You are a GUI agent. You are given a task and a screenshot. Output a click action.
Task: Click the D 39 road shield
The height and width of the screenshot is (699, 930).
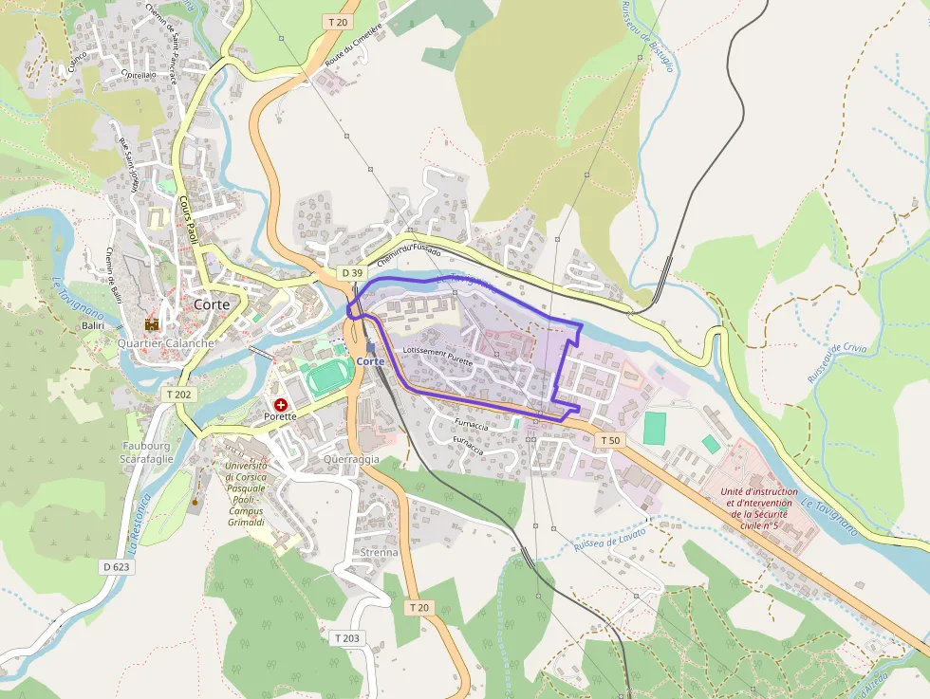pos(352,273)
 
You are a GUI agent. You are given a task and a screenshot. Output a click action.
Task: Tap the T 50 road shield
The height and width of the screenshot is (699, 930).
pos(611,440)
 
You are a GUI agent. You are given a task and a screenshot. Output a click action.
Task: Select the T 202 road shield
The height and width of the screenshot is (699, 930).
pos(178,394)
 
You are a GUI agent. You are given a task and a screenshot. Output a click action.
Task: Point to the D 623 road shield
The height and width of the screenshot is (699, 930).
pos(115,566)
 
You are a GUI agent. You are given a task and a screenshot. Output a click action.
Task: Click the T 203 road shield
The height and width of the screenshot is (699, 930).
pos(347,638)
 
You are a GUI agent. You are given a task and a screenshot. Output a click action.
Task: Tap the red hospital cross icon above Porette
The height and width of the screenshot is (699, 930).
pos(281,404)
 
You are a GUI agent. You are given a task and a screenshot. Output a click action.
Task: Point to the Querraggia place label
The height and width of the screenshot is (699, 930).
pos(350,459)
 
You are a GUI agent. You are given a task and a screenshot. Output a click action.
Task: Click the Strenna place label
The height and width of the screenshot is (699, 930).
pos(379,552)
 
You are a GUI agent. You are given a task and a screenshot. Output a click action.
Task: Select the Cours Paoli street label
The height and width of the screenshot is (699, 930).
pos(188,220)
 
